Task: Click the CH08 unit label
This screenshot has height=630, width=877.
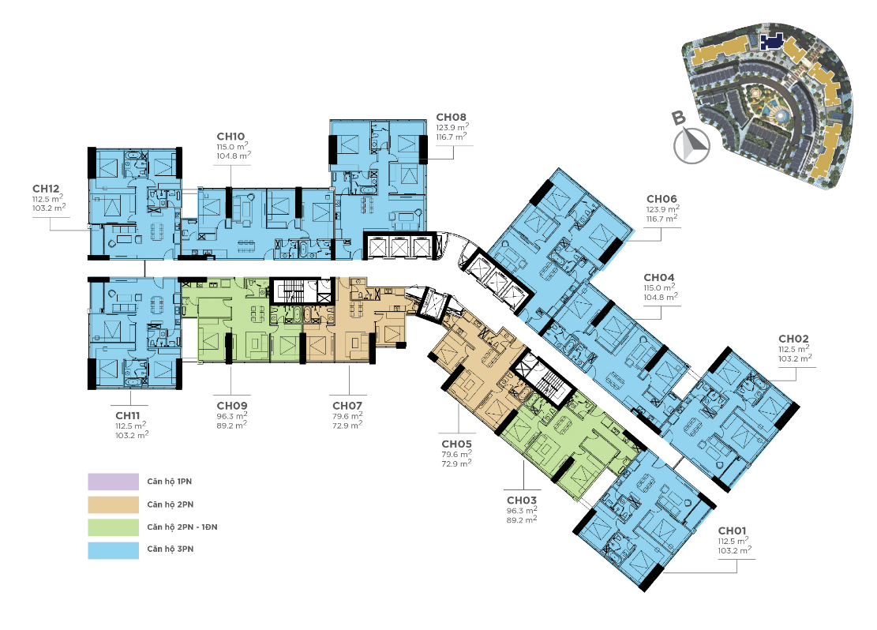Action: click(x=451, y=118)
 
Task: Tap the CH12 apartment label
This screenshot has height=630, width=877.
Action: click(x=46, y=189)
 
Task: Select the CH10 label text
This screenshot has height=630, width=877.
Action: click(x=230, y=137)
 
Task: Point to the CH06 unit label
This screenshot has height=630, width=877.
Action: click(x=661, y=199)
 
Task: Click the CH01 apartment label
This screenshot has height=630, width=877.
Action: click(x=732, y=531)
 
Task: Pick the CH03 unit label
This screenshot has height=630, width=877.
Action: click(x=522, y=501)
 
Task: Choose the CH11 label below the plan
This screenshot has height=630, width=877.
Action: click(x=128, y=416)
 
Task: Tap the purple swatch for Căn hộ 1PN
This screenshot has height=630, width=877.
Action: click(x=113, y=482)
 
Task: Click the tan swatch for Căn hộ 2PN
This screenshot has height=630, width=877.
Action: click(x=113, y=504)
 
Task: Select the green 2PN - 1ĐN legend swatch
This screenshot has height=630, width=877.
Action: click(x=113, y=527)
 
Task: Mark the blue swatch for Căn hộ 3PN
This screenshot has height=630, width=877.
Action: click(x=113, y=550)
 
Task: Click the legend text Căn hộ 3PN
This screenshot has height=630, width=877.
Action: click(x=170, y=549)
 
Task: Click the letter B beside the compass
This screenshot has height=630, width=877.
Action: click(x=678, y=118)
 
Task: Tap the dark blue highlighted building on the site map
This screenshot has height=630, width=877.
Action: click(x=771, y=41)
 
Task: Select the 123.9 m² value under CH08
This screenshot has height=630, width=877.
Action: click(x=452, y=128)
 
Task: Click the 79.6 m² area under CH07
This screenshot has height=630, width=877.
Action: click(x=347, y=416)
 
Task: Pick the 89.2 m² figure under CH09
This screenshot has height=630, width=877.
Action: click(x=231, y=426)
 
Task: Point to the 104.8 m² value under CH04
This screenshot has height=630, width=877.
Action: click(x=661, y=297)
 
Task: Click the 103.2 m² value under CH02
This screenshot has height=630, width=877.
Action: click(x=795, y=358)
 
